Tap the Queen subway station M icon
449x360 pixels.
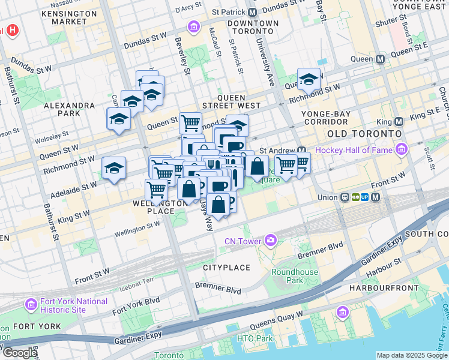[x=380, y=59]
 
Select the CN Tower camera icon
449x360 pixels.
[x=271, y=241]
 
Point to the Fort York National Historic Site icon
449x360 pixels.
[x=30, y=305]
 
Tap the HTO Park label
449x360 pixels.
[x=255, y=339]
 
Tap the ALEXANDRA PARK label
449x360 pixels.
[x=70, y=109]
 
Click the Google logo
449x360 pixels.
[x=19, y=353]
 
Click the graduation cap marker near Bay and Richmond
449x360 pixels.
[x=309, y=80]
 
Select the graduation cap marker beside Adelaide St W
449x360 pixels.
[x=113, y=169]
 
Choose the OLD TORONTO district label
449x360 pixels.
[x=363, y=133]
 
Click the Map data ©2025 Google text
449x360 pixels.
[x=411, y=355]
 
